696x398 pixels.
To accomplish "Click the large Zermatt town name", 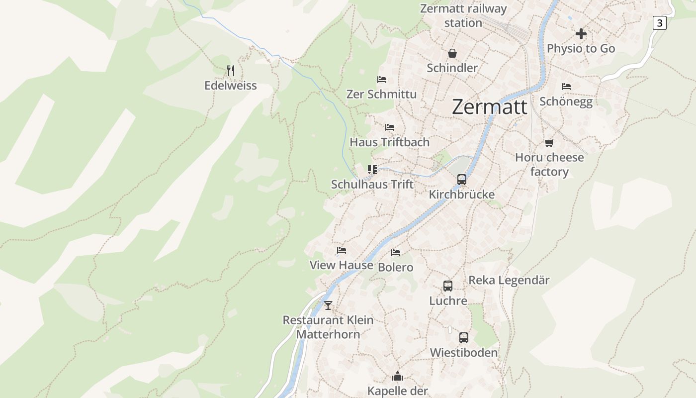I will click(x=490, y=107).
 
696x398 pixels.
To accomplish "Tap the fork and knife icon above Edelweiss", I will click(x=230, y=70).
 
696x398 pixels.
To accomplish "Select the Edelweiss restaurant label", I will click(x=231, y=86).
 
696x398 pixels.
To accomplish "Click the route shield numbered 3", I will click(x=659, y=23).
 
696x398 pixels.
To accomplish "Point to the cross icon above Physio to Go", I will click(x=581, y=34).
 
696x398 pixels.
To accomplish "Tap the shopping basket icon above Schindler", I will click(x=452, y=53).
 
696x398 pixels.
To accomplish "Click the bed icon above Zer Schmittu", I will click(x=381, y=80).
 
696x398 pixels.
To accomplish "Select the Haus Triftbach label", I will click(x=389, y=142).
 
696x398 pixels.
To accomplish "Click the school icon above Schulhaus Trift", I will click(x=372, y=170).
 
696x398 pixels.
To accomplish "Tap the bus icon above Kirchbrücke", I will click(x=462, y=180).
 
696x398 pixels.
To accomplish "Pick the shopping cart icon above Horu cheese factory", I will click(x=549, y=143).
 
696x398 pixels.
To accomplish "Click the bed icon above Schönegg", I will click(x=566, y=87).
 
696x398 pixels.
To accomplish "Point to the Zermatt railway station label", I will click(x=463, y=16).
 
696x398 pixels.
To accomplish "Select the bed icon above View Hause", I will click(x=341, y=250).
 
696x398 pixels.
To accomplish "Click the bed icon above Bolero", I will click(x=395, y=253).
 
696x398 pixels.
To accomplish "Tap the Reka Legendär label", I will click(x=509, y=281).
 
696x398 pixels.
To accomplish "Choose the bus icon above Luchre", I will click(x=448, y=286).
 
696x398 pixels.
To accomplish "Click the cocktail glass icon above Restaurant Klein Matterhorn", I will click(x=328, y=305).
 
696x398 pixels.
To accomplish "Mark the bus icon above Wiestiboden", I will click(x=463, y=338).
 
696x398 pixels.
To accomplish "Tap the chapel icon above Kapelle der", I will click(x=397, y=376).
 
